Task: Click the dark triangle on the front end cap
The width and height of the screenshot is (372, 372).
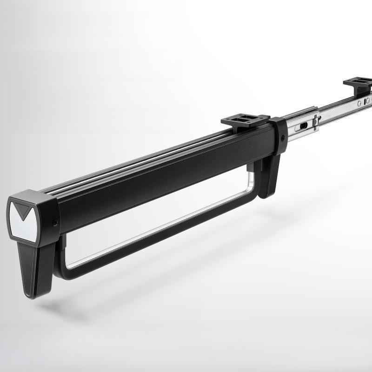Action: [21, 210]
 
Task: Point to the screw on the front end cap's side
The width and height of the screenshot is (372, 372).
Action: [55, 223]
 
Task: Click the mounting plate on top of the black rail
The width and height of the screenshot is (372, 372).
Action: [245, 121]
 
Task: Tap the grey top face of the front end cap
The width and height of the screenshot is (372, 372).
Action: [33, 195]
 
